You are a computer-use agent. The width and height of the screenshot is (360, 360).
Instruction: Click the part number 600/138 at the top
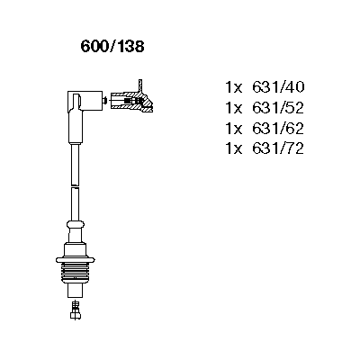(x=112, y=47)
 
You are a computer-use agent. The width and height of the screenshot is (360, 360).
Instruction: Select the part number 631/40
(x=278, y=87)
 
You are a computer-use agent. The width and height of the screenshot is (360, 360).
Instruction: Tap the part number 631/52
(x=278, y=108)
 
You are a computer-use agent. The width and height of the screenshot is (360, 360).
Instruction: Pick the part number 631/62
(x=278, y=128)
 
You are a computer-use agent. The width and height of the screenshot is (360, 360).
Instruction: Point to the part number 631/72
(x=278, y=148)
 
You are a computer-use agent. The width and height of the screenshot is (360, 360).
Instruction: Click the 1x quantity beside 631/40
(x=234, y=87)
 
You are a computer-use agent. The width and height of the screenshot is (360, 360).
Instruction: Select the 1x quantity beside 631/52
(x=234, y=108)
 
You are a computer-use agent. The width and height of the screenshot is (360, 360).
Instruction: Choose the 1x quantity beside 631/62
(x=234, y=129)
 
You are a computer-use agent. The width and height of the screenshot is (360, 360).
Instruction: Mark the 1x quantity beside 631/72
(x=234, y=148)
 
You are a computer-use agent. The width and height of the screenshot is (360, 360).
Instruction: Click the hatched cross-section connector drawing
(x=132, y=102)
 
